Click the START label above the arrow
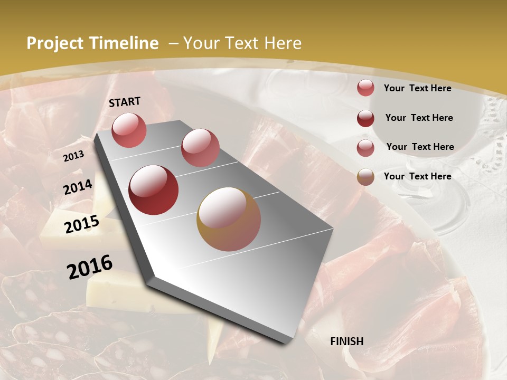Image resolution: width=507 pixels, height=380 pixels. tap(125, 102)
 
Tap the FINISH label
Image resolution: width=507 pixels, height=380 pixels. tap(347, 341)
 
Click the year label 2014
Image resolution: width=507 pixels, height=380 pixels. tap(78, 187)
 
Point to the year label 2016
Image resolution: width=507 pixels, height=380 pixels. tap(90, 267)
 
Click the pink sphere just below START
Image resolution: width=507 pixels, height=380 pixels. tap(129, 130)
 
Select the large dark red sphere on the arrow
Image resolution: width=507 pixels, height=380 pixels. tap(154, 190)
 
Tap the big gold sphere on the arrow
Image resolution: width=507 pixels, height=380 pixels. tap(229, 219)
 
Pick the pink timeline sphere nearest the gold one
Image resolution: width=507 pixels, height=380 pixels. tap(200, 148)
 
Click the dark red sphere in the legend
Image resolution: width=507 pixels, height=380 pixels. tap(365, 118)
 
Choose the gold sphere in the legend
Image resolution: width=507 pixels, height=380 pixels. tap(365, 177)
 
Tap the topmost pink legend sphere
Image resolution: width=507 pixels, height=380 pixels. tap(365, 88)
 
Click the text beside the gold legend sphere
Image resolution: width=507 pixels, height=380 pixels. tap(417, 176)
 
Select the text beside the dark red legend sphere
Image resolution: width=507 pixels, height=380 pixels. tap(419, 118)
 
